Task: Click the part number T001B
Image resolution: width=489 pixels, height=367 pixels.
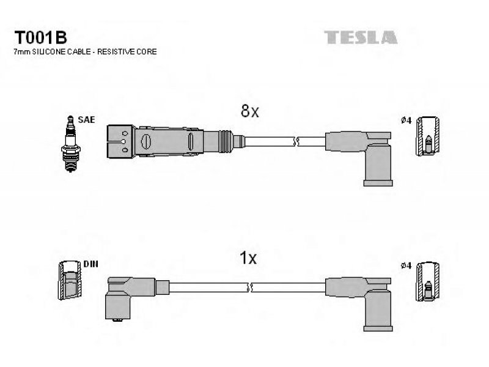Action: tap(40, 38)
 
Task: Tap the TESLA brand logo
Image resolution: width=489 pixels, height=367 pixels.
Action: tap(361, 37)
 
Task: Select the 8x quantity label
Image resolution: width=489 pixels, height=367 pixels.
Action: tap(250, 111)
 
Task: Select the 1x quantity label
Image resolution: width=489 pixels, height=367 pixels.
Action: tap(248, 258)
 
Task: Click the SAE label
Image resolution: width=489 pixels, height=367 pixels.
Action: tap(86, 119)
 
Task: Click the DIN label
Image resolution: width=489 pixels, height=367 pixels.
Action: tap(90, 264)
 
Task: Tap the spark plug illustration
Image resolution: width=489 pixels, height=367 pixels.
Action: tap(71, 144)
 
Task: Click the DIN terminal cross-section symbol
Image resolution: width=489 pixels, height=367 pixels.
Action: tap(70, 280)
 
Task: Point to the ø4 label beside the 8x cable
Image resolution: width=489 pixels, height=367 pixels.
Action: tap(406, 120)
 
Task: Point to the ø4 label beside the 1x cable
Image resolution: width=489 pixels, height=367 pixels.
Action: tap(406, 265)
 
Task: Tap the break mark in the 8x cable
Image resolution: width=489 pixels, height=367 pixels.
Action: tap(296, 142)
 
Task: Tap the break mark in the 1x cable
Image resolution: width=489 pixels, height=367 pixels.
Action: tap(249, 287)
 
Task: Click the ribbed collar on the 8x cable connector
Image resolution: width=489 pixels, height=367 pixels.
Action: tap(226, 141)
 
